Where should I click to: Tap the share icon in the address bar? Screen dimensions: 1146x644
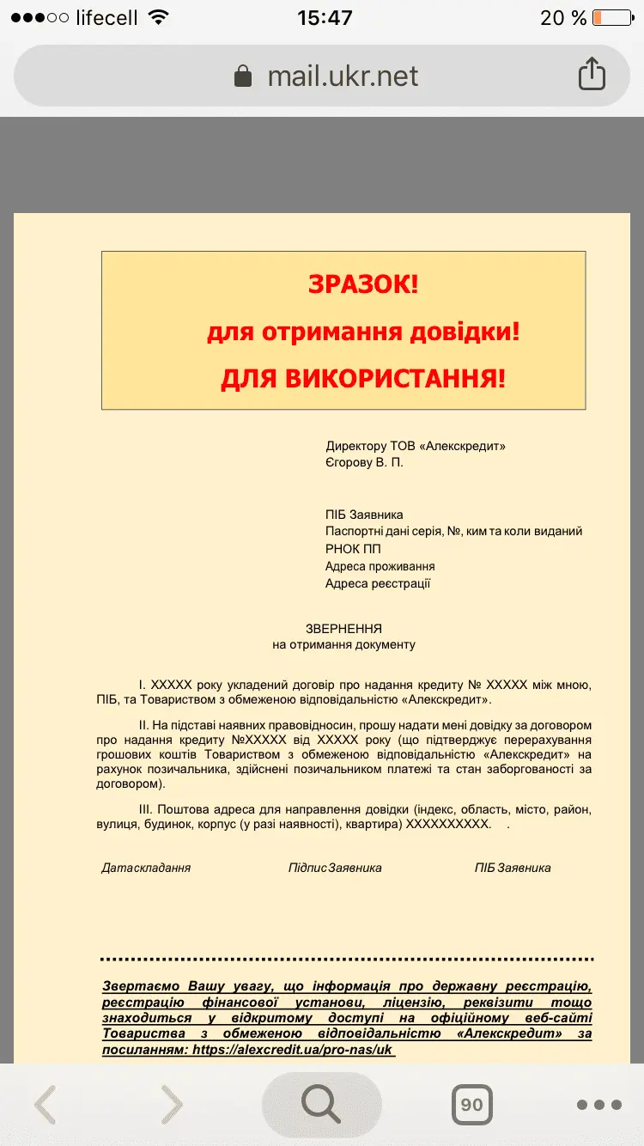point(592,75)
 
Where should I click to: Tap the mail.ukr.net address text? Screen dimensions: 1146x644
point(343,76)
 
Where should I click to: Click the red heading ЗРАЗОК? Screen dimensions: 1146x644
point(363,284)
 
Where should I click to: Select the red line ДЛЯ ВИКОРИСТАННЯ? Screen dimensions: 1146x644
point(363,378)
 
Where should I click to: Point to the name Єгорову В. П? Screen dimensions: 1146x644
point(364,462)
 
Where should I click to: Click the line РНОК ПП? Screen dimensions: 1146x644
point(353,549)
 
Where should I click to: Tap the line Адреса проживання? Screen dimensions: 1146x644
point(380,566)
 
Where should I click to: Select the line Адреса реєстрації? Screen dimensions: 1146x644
point(378,583)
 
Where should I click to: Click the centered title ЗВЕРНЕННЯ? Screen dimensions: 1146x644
point(343,628)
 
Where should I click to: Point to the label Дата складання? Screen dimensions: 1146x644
point(146,868)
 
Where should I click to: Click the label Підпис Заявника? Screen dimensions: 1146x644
point(335,868)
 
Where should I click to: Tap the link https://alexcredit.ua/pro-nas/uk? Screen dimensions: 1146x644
point(292,1050)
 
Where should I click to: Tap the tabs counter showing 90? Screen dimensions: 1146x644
point(471,1105)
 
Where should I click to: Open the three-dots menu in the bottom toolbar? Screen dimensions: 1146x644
point(598,1105)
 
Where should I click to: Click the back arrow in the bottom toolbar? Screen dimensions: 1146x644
point(45,1105)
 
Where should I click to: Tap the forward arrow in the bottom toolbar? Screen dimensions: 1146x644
point(172,1105)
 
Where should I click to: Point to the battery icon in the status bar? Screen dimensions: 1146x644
point(611,17)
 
